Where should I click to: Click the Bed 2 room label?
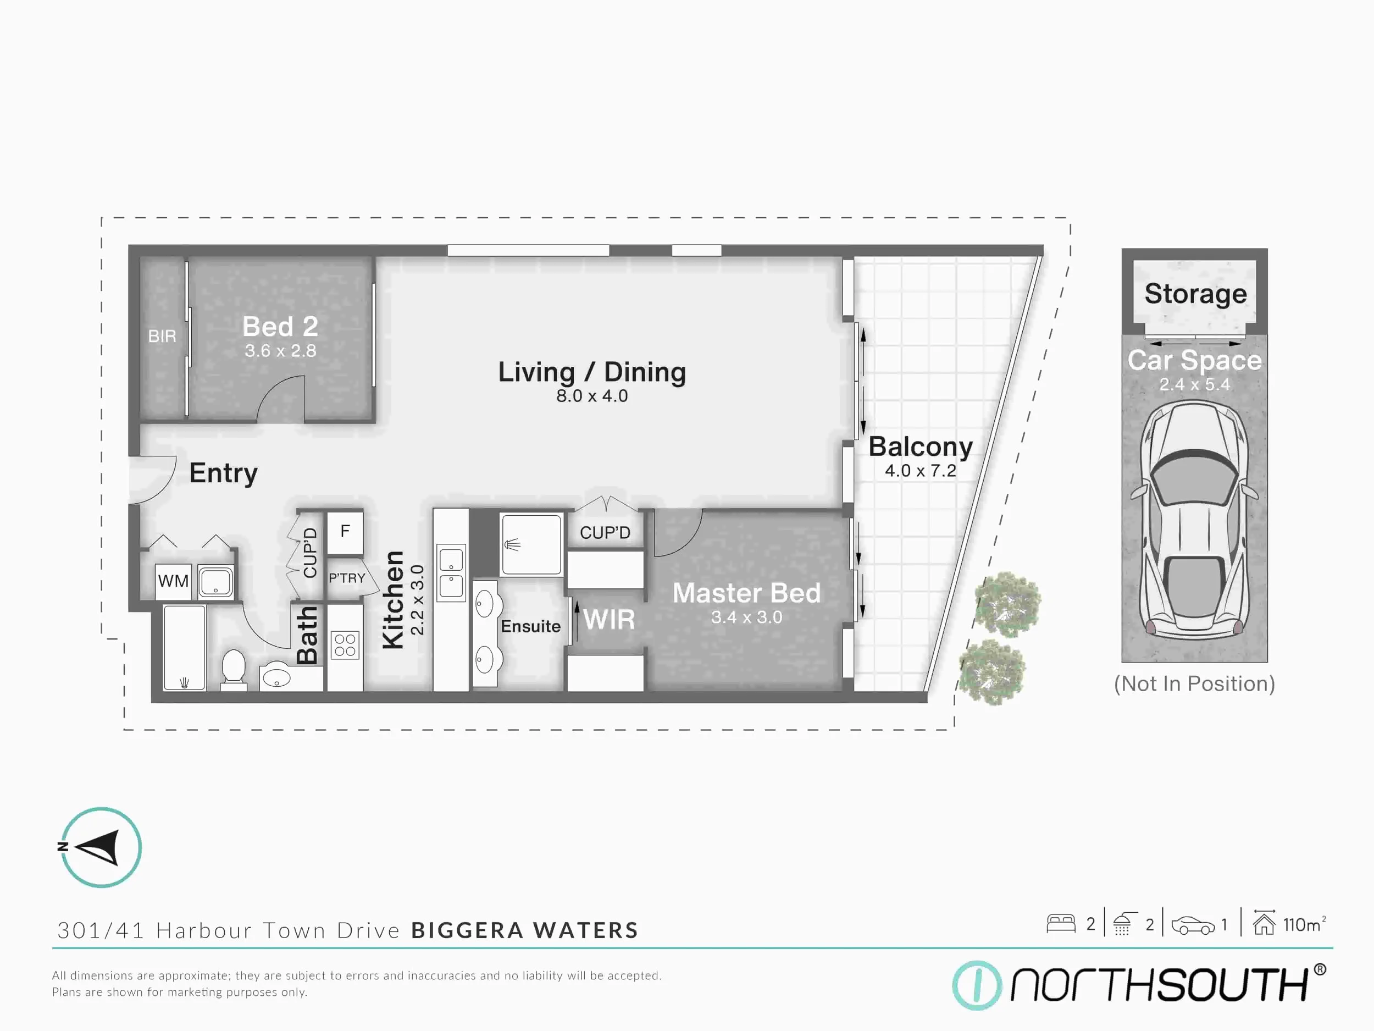pyautogui.click(x=280, y=327)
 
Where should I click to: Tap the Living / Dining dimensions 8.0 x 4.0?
pyautogui.click(x=591, y=396)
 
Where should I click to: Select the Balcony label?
pyautogui.click(x=920, y=447)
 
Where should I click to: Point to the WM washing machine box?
pyautogui.click(x=173, y=581)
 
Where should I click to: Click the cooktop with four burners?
pyautogui.click(x=345, y=645)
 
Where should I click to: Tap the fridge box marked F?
pyautogui.click(x=345, y=531)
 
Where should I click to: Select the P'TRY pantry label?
pyautogui.click(x=347, y=578)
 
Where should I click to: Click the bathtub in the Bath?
pyautogui.click(x=184, y=647)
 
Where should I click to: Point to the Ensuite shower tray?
pyautogui.click(x=531, y=545)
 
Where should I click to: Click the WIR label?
pyautogui.click(x=609, y=620)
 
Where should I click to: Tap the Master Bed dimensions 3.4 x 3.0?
pyautogui.click(x=746, y=617)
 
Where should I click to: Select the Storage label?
pyautogui.click(x=1195, y=293)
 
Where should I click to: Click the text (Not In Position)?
pyautogui.click(x=1194, y=683)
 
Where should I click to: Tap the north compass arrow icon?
pyautogui.click(x=101, y=847)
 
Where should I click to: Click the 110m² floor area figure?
pyautogui.click(x=1303, y=925)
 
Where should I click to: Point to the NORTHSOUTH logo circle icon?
pyautogui.click(x=977, y=985)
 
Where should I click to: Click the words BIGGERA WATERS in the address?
pyautogui.click(x=524, y=930)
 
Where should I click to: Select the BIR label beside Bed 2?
pyautogui.click(x=162, y=336)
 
